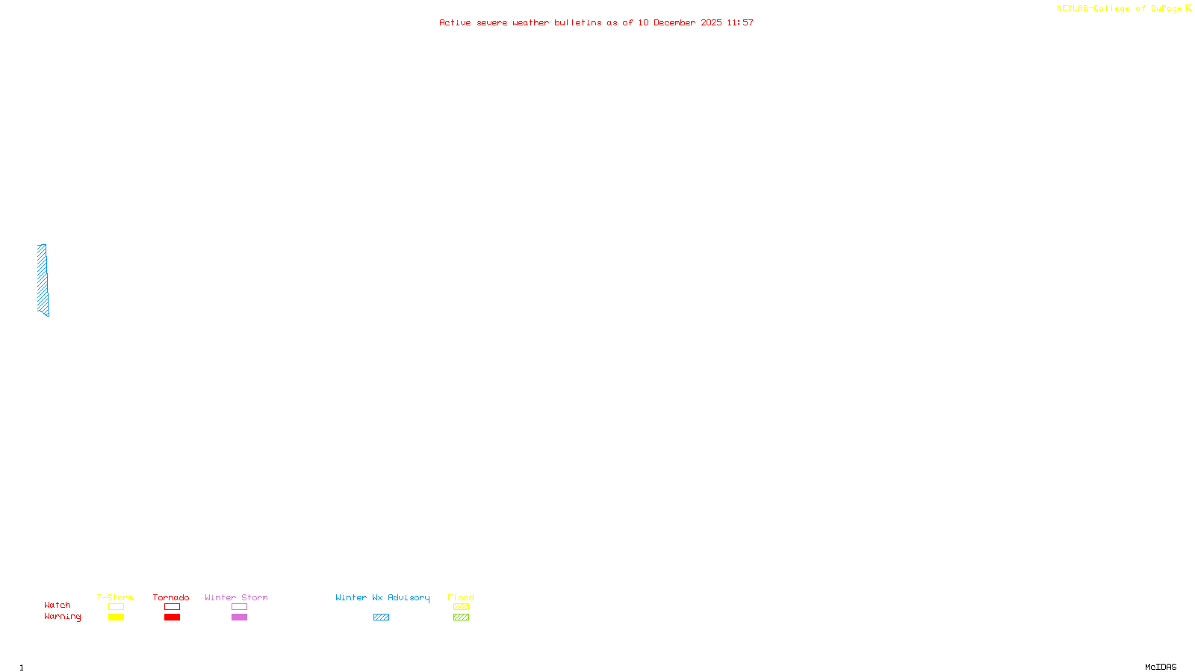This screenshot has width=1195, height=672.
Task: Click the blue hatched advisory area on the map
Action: pos(43,279)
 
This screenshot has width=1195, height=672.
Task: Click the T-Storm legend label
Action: pos(115,597)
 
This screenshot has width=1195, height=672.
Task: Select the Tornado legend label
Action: pos(171,597)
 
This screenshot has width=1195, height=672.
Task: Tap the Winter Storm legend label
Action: pos(236,597)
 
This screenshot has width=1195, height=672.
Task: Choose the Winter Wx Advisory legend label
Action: pos(382,597)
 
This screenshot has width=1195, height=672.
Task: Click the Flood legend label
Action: pos(461,597)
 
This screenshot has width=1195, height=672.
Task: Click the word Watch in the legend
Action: pos(58,605)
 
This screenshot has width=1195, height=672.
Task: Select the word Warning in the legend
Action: pos(63,617)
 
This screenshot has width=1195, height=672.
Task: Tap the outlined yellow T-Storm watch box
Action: pos(116,607)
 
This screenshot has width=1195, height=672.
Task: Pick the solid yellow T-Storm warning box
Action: pos(116,617)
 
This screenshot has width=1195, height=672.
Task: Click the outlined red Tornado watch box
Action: pos(172,607)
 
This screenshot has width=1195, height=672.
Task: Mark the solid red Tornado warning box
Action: pos(172,617)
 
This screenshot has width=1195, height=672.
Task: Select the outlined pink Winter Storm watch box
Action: pos(239,607)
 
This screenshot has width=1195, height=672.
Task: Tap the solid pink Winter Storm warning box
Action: pos(239,617)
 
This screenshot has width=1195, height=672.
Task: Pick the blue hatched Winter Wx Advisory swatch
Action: pos(381,617)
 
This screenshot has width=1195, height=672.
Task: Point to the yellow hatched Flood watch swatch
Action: pos(461,607)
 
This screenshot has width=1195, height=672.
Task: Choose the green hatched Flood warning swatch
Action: pos(461,617)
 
